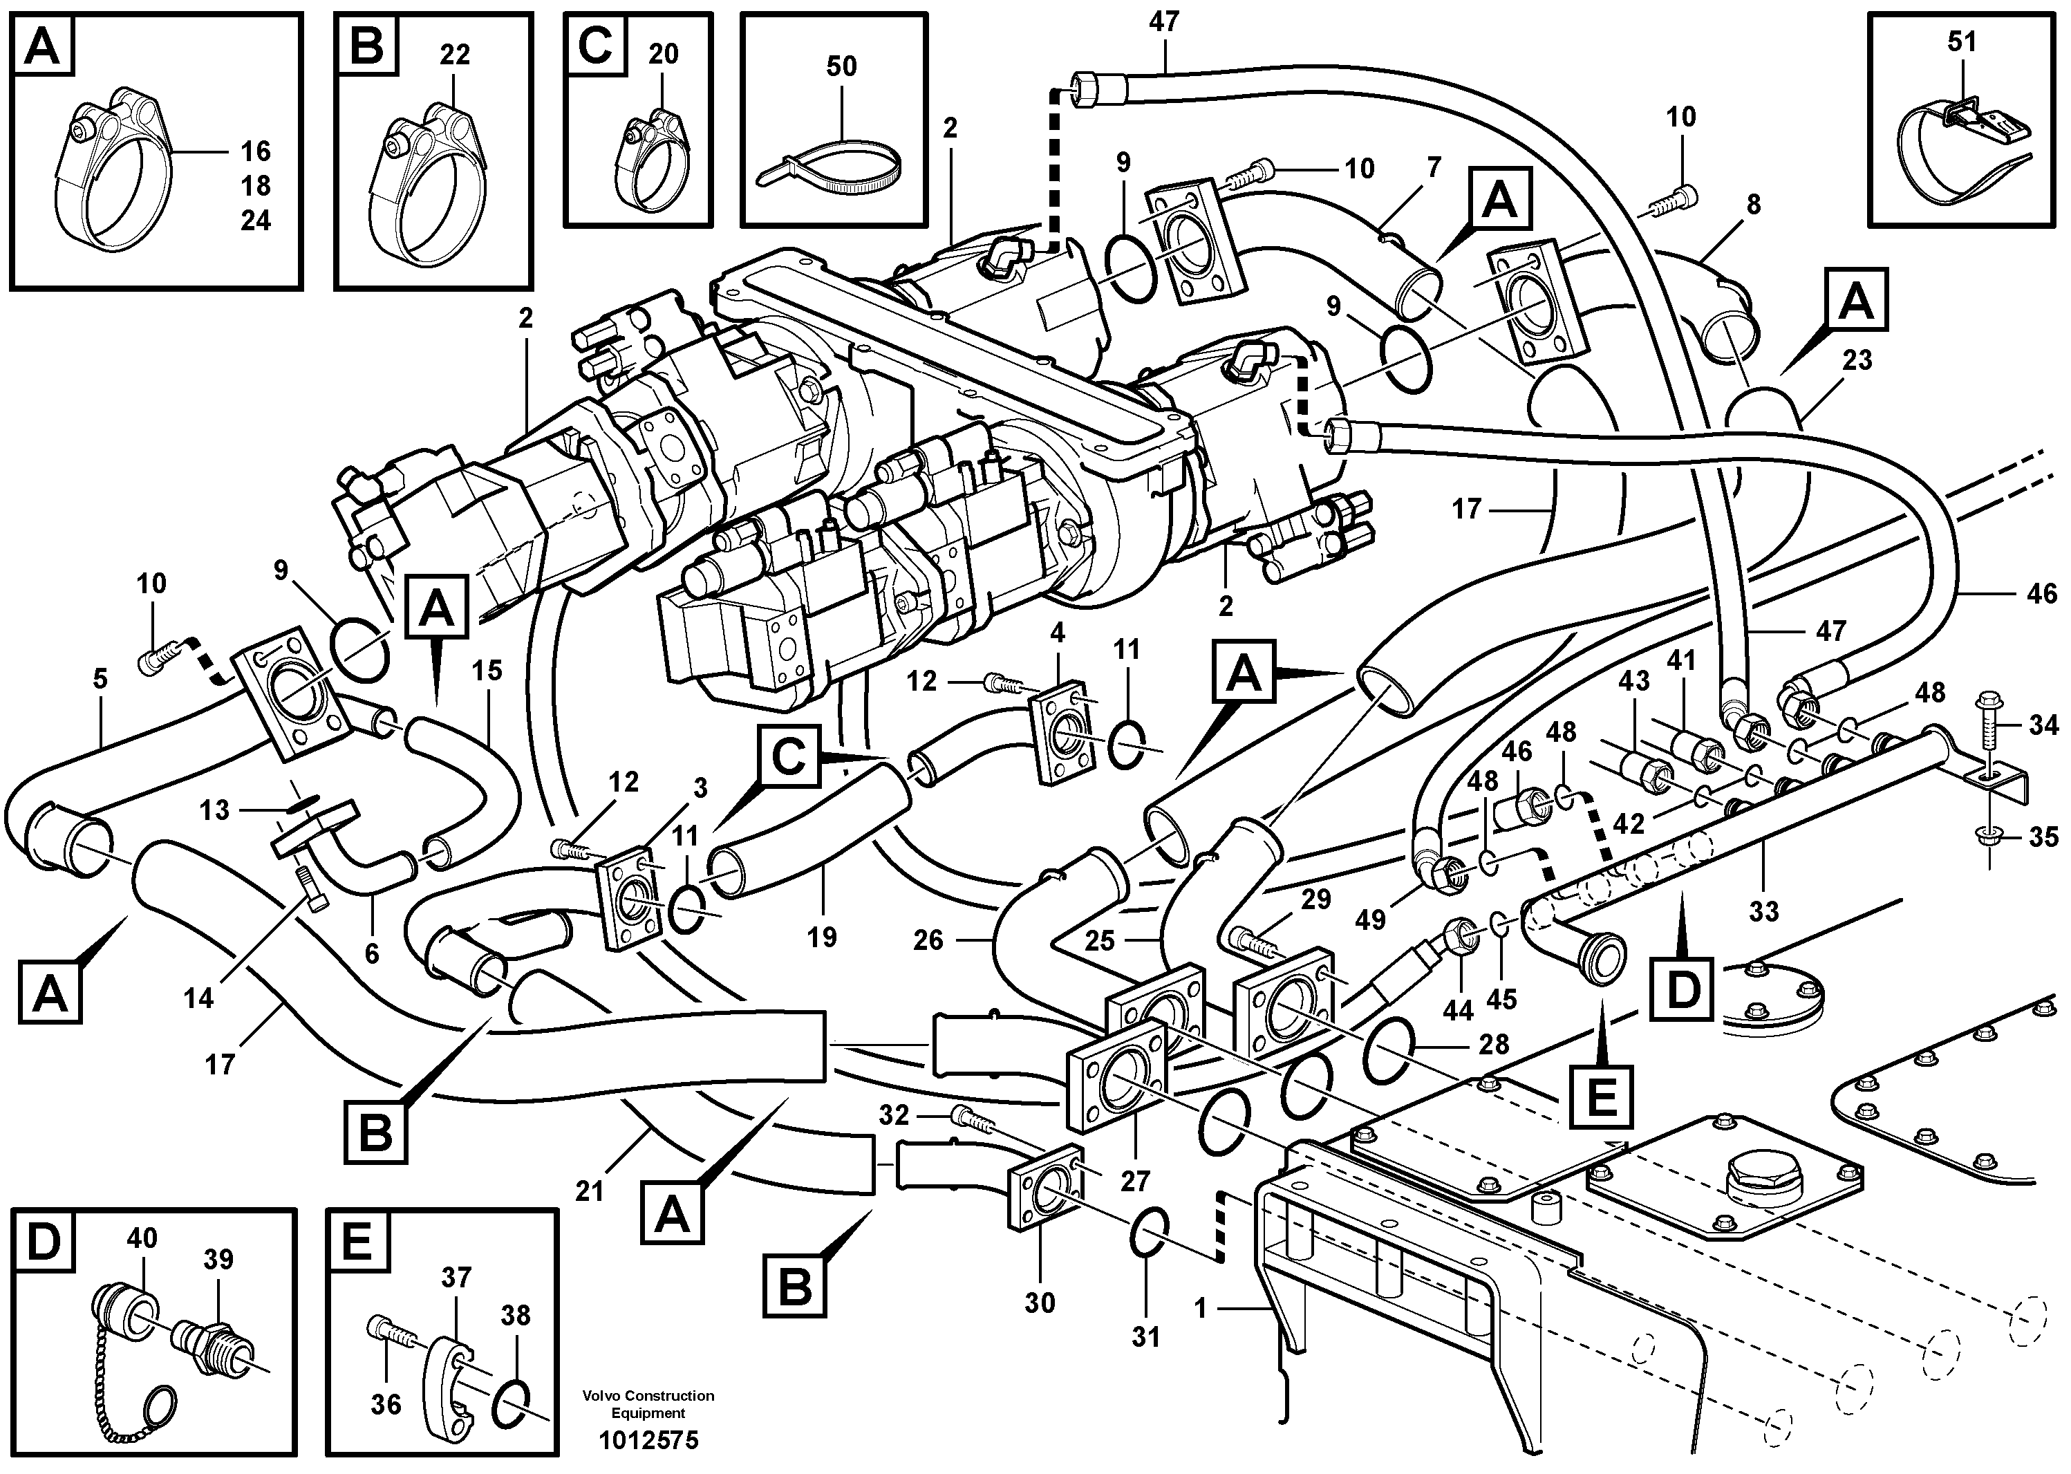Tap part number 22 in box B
455,55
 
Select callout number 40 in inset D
142,1238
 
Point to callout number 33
1763,911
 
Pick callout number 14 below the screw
198,998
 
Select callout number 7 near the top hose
1433,167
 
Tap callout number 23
1857,360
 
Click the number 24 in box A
255,220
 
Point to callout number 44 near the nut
1457,1010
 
